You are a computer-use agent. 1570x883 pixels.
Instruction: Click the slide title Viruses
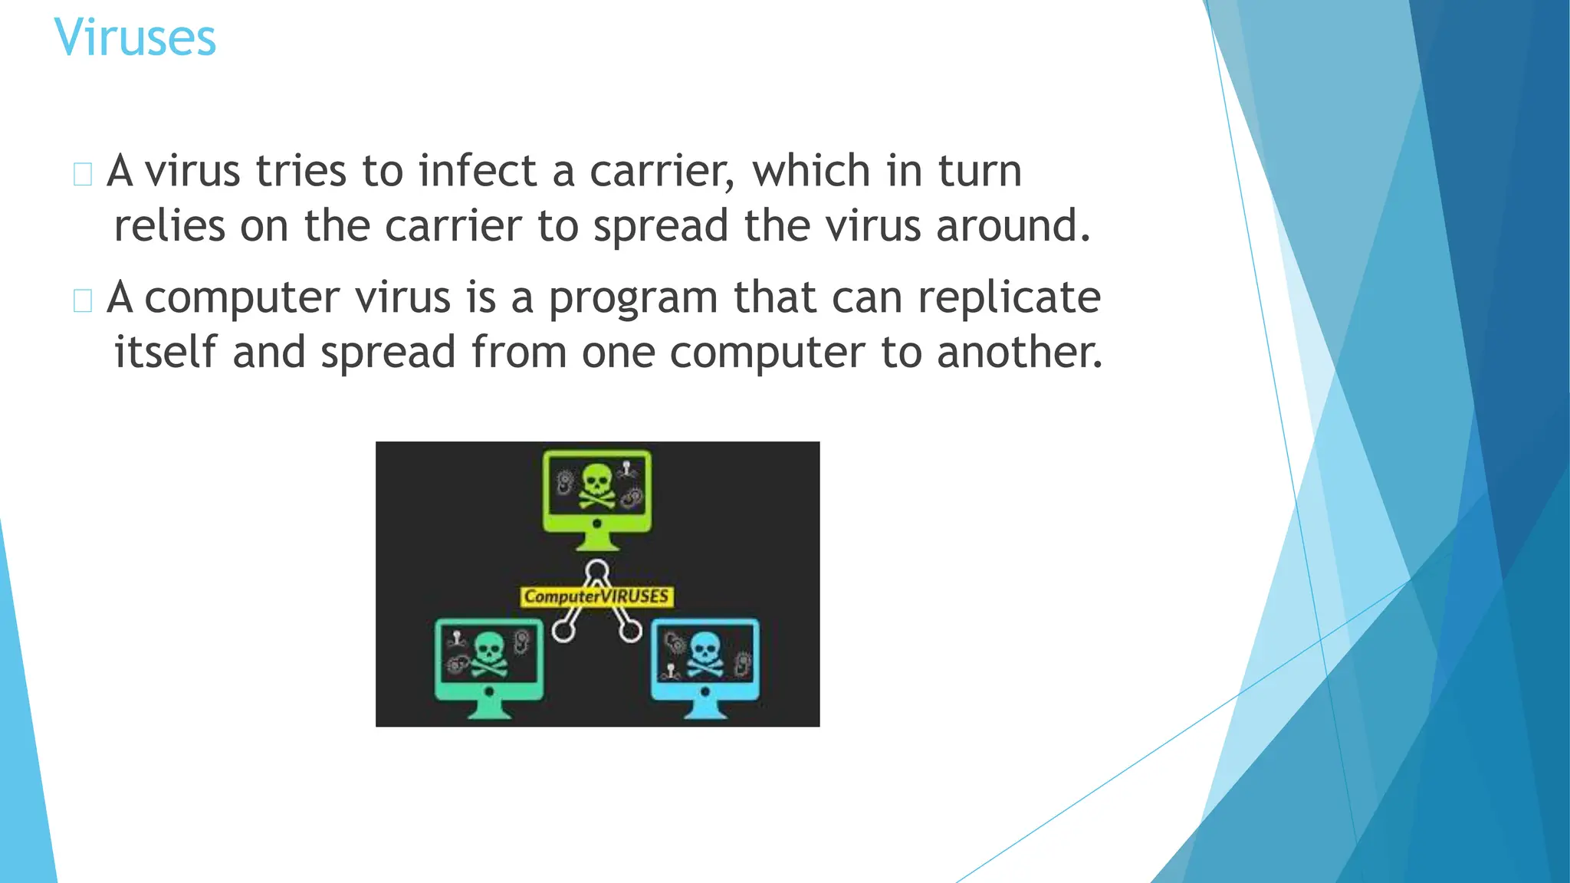pyautogui.click(x=135, y=38)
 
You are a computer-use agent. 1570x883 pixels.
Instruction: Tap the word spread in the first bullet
pyautogui.click(x=660, y=227)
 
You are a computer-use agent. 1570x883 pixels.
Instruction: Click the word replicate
pyautogui.click(x=1009, y=298)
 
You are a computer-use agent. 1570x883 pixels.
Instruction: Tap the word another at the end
pyautogui.click(x=1019, y=352)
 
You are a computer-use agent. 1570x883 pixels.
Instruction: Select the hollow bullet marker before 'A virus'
pyautogui.click(x=83, y=174)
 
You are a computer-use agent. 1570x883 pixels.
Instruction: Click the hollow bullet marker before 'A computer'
pyautogui.click(x=83, y=300)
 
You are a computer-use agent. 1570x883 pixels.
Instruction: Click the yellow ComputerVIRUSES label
pyautogui.click(x=596, y=596)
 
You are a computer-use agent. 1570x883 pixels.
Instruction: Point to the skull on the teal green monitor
pyautogui.click(x=488, y=654)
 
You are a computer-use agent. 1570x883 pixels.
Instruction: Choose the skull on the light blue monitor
pyautogui.click(x=705, y=654)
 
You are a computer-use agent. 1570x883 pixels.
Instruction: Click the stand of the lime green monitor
pyautogui.click(x=597, y=540)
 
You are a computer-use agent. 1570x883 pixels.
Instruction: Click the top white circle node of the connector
pyautogui.click(x=597, y=571)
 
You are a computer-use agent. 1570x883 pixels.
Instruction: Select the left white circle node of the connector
pyautogui.click(x=563, y=631)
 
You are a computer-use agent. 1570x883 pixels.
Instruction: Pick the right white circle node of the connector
pyautogui.click(x=631, y=631)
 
